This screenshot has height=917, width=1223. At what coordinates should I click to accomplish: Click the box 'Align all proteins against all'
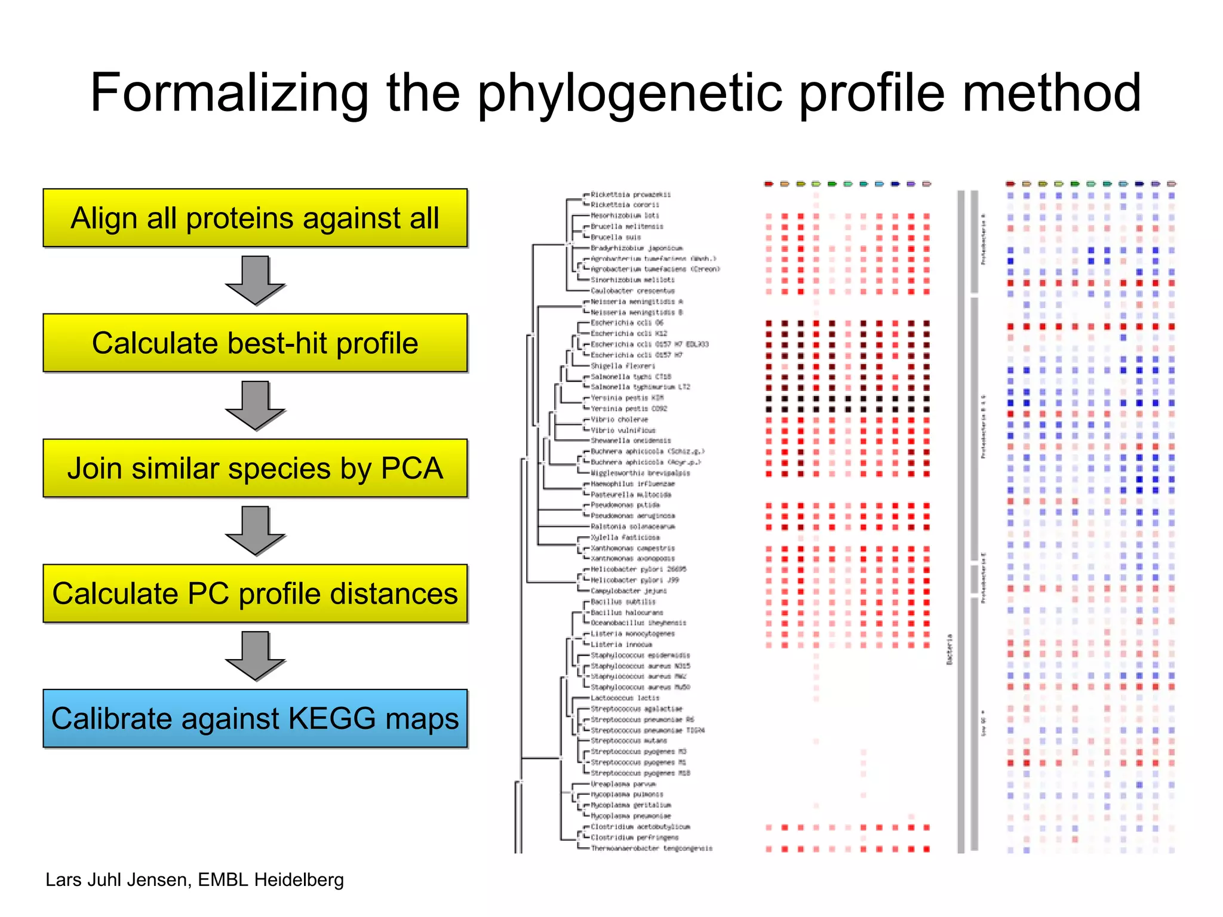click(255, 218)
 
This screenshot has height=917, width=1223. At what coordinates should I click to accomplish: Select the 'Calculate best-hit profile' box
click(255, 343)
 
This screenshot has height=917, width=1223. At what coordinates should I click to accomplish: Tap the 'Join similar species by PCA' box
click(255, 468)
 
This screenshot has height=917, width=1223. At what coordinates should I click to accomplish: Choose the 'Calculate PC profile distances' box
click(255, 593)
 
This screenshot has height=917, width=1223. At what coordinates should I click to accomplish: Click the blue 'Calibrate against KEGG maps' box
click(255, 718)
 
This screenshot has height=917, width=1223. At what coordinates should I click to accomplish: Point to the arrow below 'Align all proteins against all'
click(255, 280)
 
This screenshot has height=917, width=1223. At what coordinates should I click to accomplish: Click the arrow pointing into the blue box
click(255, 656)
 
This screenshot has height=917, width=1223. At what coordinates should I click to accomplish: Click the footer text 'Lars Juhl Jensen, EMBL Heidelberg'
click(195, 879)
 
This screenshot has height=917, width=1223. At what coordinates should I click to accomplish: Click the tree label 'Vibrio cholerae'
click(619, 420)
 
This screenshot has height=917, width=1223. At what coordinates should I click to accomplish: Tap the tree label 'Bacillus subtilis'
click(623, 602)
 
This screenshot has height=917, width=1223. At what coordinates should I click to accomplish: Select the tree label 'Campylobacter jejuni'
click(628, 591)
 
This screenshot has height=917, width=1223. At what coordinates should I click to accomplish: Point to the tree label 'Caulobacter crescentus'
click(632, 291)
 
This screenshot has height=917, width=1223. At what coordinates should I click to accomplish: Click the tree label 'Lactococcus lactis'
click(625, 698)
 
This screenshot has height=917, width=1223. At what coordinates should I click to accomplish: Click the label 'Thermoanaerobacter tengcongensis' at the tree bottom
click(651, 848)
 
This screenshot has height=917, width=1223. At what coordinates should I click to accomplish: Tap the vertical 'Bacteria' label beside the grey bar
click(949, 649)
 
